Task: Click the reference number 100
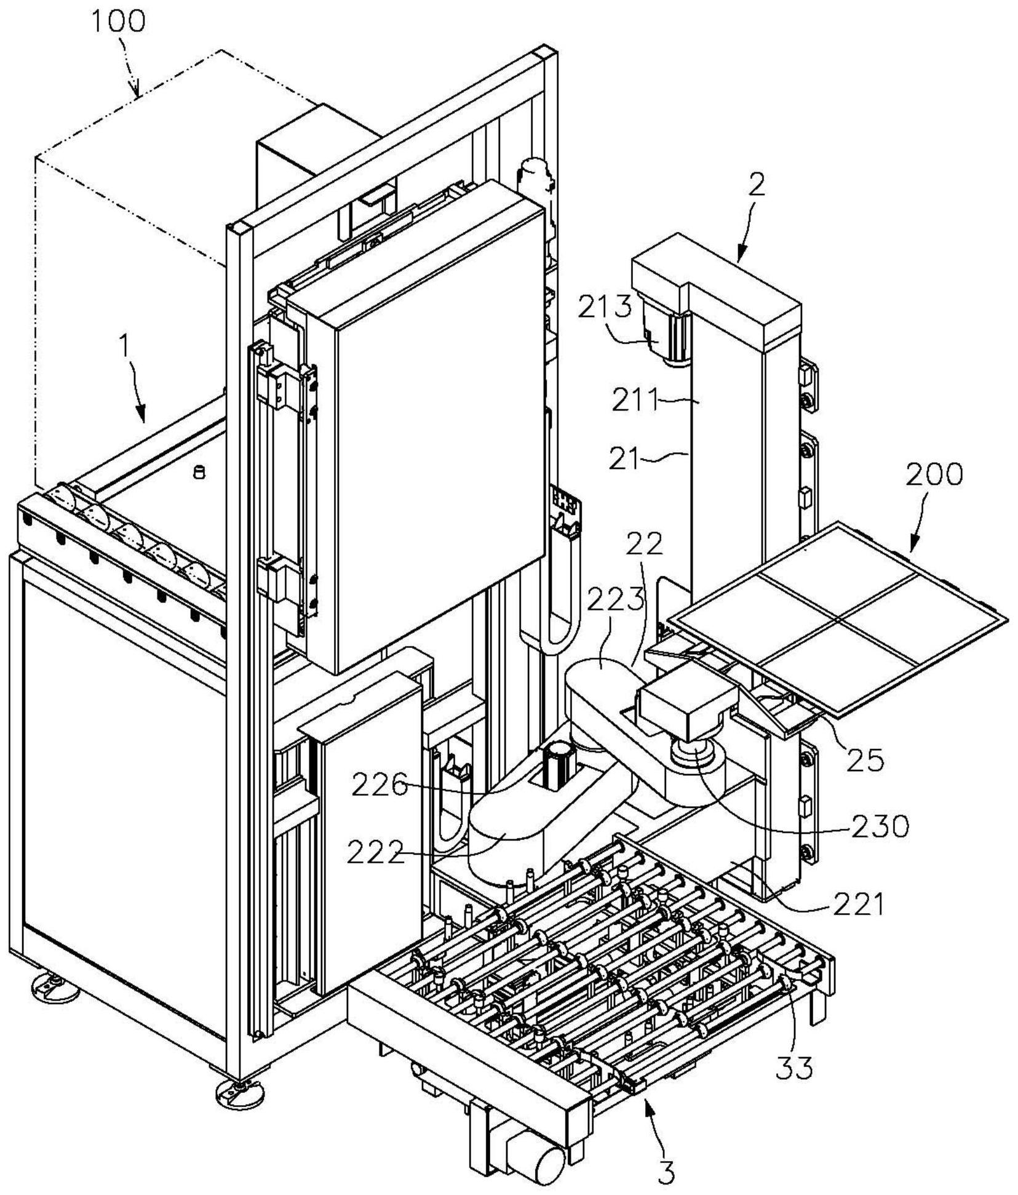(x=118, y=21)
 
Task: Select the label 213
(x=605, y=306)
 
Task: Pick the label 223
(x=616, y=598)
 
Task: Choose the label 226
(x=380, y=785)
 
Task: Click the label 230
(x=880, y=826)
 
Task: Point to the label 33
(x=794, y=1068)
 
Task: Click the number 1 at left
(x=125, y=347)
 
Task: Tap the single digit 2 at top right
(x=757, y=185)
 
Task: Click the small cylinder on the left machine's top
(x=198, y=473)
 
